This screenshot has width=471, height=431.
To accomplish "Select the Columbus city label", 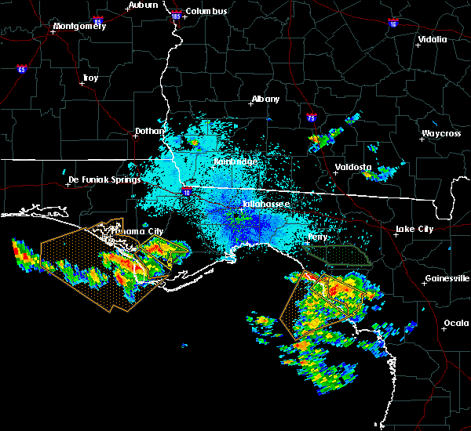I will (207, 11).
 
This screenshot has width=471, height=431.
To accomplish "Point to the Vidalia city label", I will (433, 39).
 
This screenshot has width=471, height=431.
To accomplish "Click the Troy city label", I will (90, 78).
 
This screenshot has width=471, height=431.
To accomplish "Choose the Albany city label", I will (265, 100).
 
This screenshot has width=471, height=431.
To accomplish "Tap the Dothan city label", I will (150, 131).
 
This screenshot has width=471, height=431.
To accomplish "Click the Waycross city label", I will (440, 133).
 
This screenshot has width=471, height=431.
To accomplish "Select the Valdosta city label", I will (352, 167).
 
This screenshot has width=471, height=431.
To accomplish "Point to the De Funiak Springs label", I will (104, 179).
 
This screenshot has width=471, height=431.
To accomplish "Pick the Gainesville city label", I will (447, 278).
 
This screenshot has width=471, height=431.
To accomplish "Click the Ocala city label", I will (456, 323).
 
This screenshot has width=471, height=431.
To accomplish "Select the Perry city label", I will (318, 237).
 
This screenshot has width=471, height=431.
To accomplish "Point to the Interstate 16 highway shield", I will (393, 24).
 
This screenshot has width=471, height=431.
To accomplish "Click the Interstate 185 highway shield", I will (176, 16).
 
